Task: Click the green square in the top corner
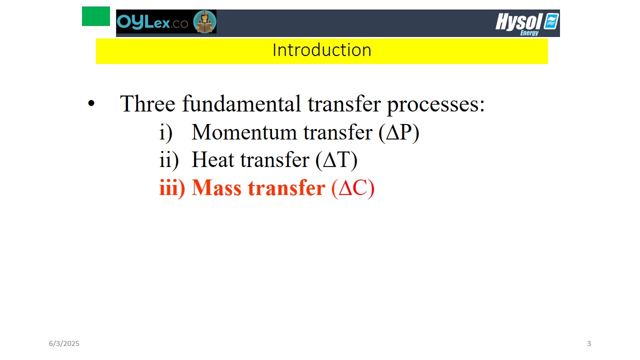point(95,16)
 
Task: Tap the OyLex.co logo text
point(152,22)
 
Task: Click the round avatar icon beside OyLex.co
point(204,21)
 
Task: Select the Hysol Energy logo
point(527,23)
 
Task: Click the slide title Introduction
point(321,50)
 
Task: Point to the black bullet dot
point(91,103)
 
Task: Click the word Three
point(147,103)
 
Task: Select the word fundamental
point(241,103)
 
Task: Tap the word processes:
point(436,105)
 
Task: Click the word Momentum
point(244,132)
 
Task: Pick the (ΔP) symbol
point(399,132)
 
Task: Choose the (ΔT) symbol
point(336,160)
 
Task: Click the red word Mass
point(216,187)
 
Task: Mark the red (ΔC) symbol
point(353,188)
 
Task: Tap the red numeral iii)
point(172,188)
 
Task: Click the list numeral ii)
point(169,160)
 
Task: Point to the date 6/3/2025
point(64,343)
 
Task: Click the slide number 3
point(589,343)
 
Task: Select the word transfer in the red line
point(286,187)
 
